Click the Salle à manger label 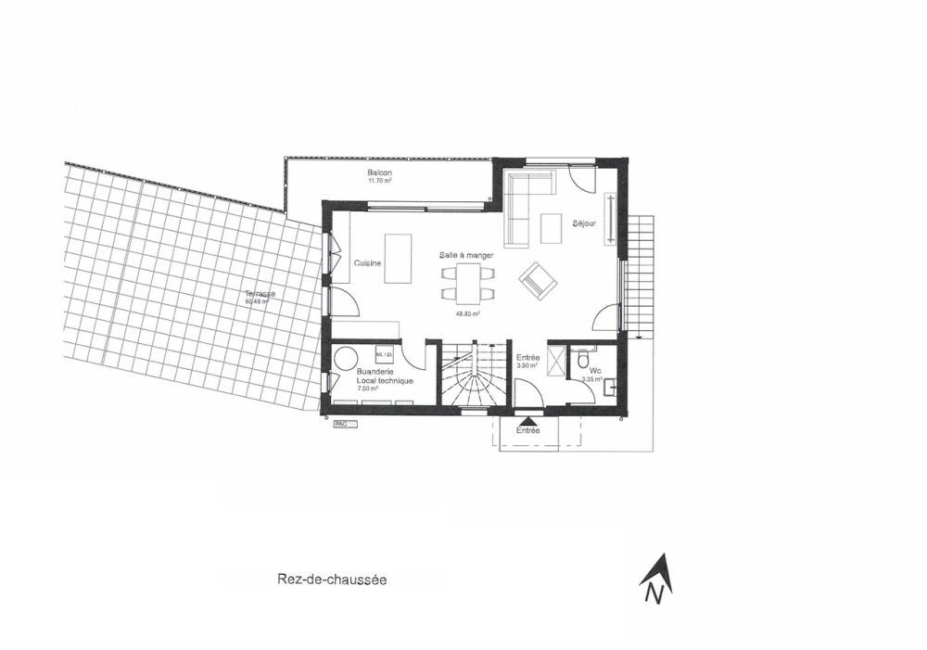click(x=466, y=254)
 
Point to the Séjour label click(x=584, y=223)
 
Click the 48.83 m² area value click(x=466, y=313)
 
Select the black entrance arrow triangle click(x=527, y=421)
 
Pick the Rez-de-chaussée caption click(x=331, y=580)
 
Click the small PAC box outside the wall click(x=342, y=424)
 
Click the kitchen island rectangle click(x=398, y=258)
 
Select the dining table click(x=467, y=282)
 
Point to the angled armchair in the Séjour click(x=538, y=281)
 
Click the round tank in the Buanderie click(x=347, y=359)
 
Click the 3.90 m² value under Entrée click(x=527, y=365)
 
